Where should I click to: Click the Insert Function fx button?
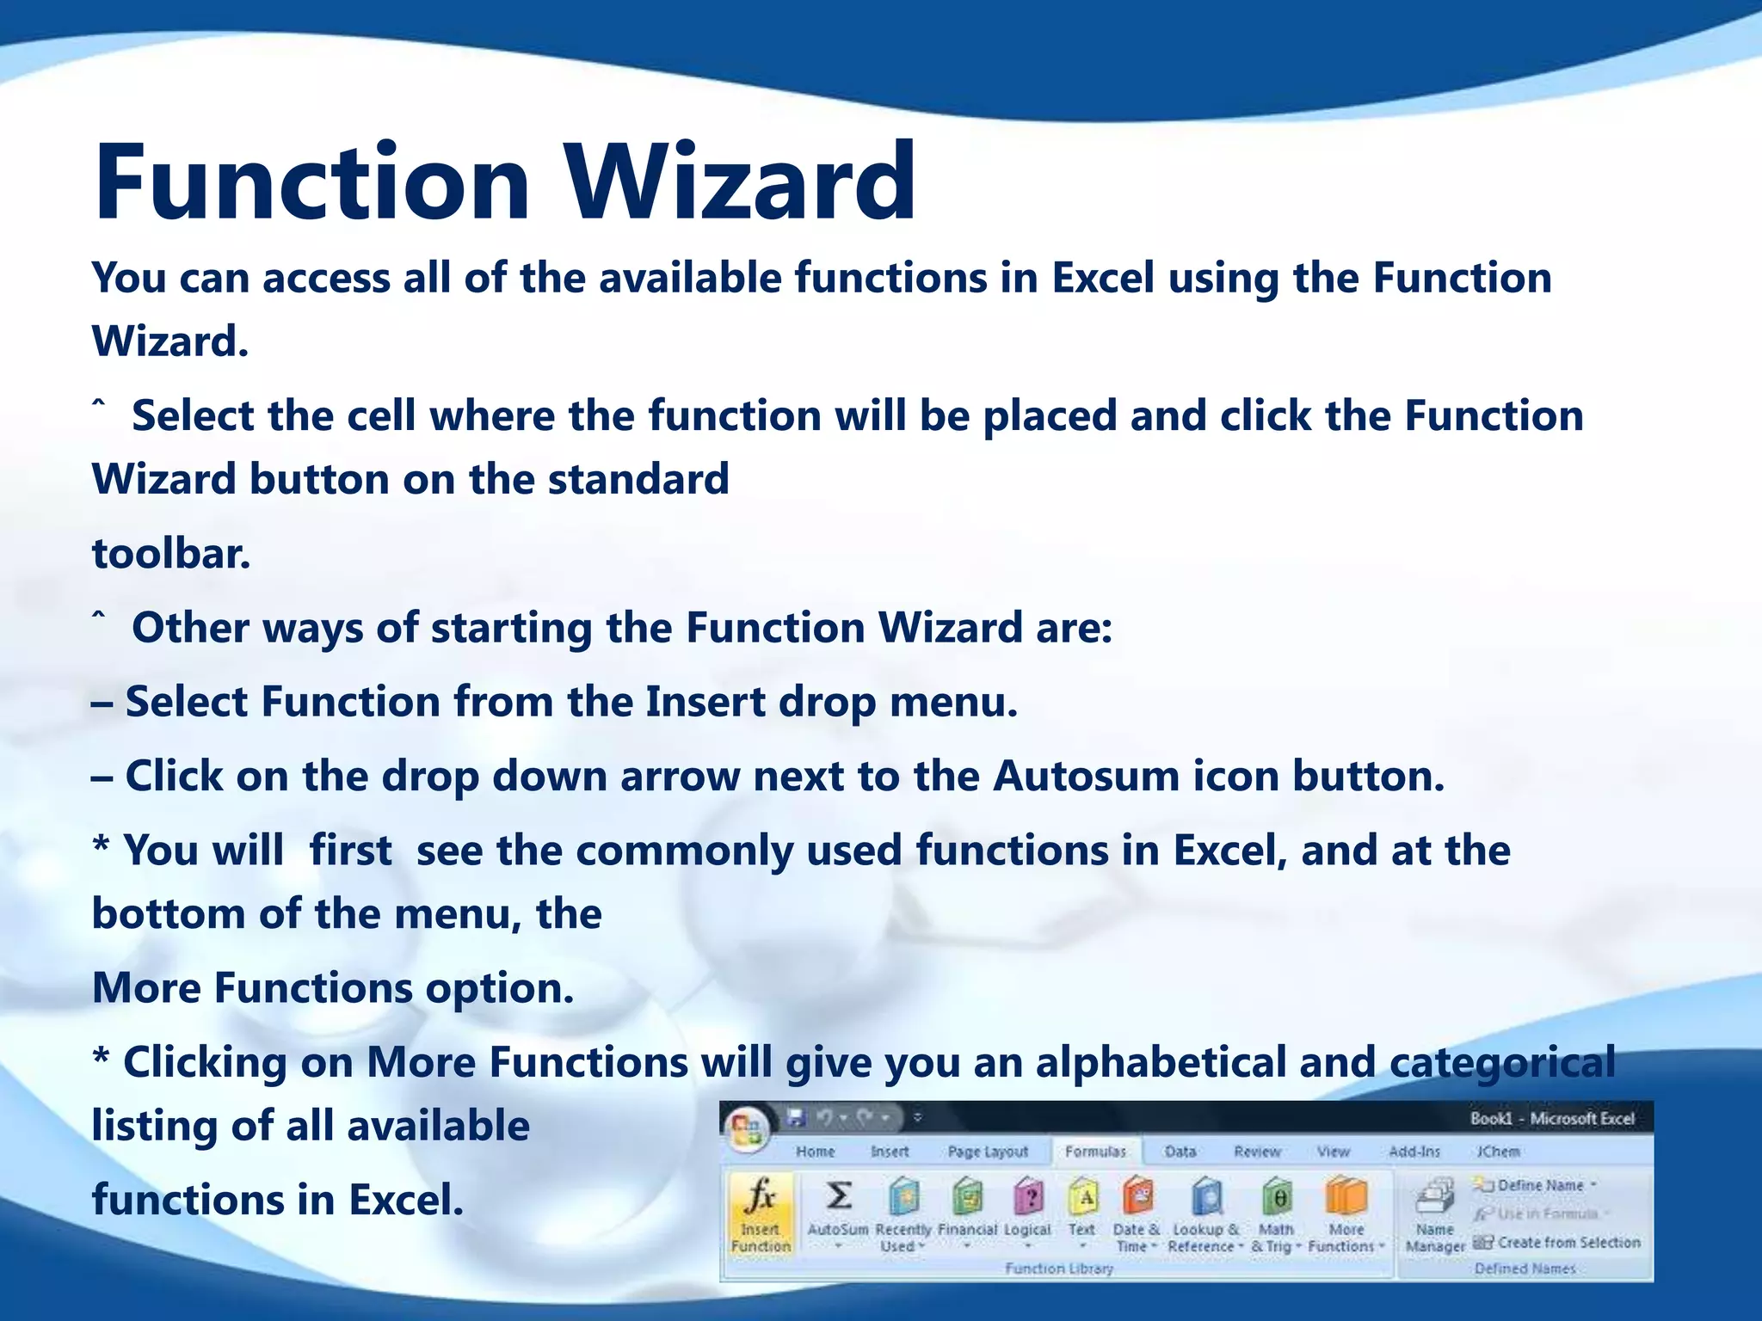coord(761,1213)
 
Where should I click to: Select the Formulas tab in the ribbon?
coord(1095,1152)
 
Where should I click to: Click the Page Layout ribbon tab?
coord(988,1152)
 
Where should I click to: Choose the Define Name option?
coord(1539,1185)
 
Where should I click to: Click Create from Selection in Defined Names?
coord(1568,1243)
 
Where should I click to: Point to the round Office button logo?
coord(747,1130)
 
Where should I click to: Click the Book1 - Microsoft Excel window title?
coord(1551,1118)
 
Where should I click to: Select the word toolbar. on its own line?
coord(171,553)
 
